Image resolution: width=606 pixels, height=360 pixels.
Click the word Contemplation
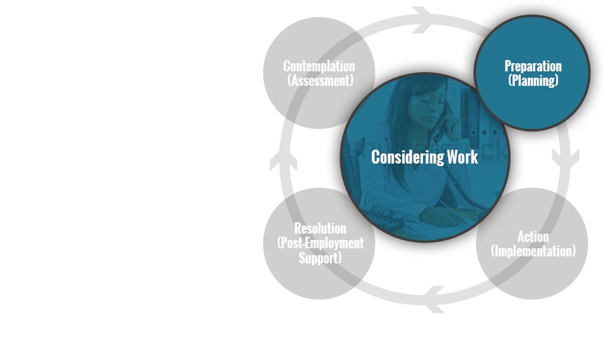tap(319, 66)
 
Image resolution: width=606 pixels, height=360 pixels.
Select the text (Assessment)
tap(321, 80)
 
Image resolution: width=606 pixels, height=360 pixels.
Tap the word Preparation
tap(533, 66)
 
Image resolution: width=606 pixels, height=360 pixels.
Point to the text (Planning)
tap(533, 80)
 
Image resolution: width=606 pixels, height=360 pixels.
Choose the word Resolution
tap(320, 229)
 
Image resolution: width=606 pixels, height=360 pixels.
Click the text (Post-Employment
tap(321, 243)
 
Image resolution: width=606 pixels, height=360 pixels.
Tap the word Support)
tap(320, 258)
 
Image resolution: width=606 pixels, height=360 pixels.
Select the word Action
tap(533, 236)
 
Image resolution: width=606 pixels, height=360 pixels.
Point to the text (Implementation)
tap(533, 251)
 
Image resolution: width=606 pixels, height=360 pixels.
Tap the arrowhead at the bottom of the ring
tap(434, 299)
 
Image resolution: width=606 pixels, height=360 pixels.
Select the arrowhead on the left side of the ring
tap(283, 160)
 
